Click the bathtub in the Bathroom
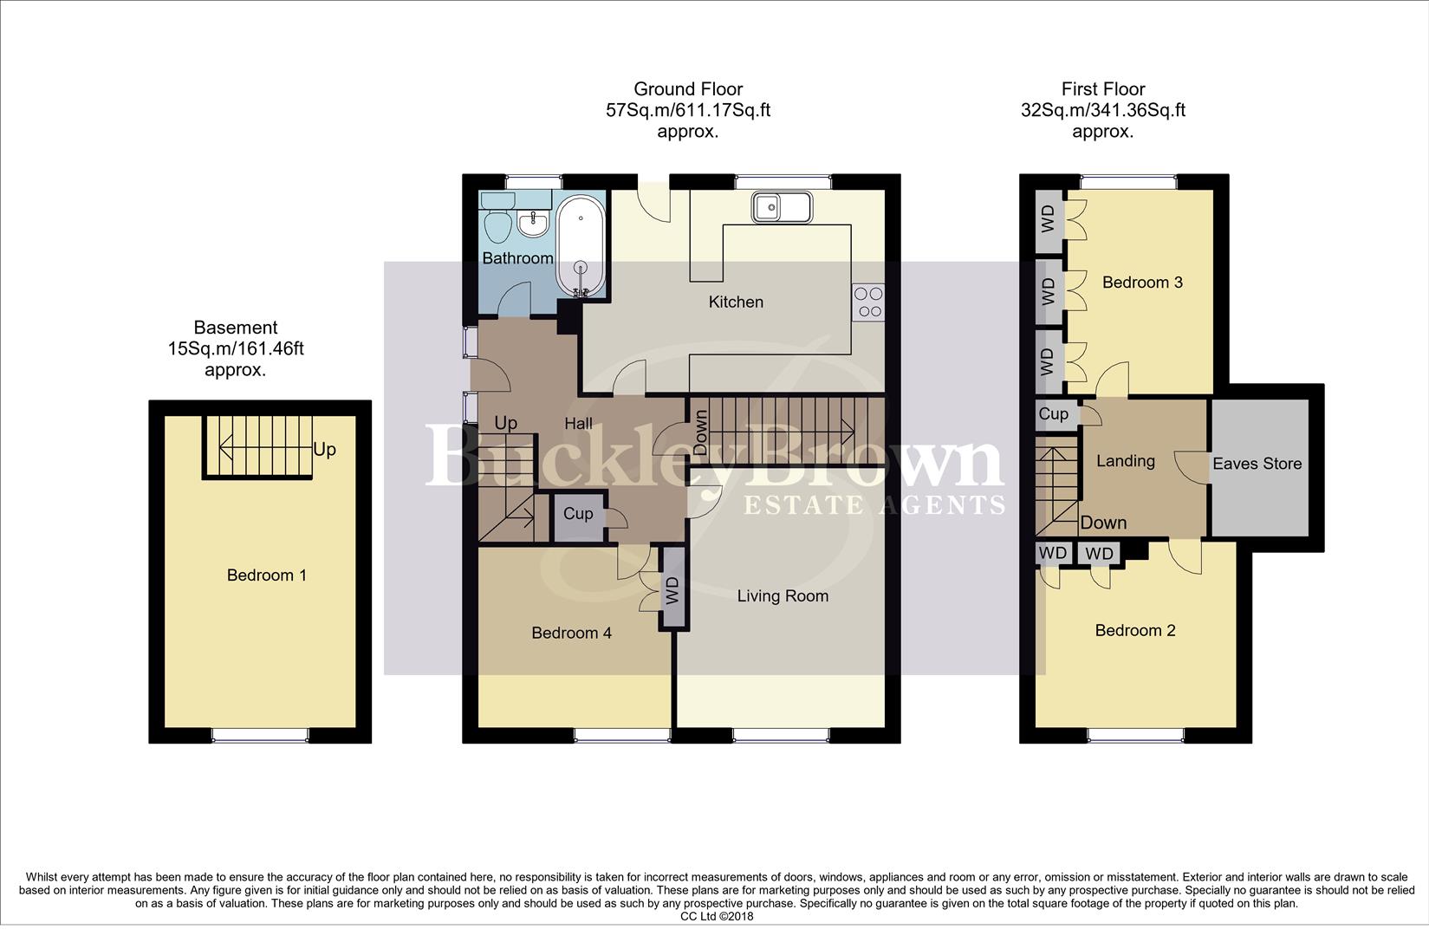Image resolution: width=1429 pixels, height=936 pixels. (x=581, y=245)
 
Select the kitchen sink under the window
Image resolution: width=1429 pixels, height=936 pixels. (x=782, y=207)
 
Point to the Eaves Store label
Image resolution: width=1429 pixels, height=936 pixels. (x=1257, y=464)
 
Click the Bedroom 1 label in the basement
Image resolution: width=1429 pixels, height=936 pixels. (x=266, y=575)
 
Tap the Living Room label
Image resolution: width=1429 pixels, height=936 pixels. (x=783, y=596)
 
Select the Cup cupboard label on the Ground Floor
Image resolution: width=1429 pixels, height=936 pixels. (x=578, y=514)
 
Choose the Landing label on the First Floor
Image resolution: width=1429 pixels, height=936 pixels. (x=1125, y=461)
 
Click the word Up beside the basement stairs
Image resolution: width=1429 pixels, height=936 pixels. (x=324, y=450)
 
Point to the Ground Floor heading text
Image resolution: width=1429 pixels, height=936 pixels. (x=688, y=88)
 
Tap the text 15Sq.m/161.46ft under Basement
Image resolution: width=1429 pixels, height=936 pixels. (x=236, y=349)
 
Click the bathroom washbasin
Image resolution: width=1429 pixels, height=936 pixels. (x=533, y=224)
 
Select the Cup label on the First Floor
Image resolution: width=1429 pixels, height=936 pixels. (x=1053, y=414)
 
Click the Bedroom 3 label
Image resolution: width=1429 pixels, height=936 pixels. (x=1141, y=283)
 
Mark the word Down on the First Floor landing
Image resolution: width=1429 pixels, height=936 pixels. (x=1102, y=523)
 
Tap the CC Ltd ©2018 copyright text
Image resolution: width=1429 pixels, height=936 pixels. (x=717, y=916)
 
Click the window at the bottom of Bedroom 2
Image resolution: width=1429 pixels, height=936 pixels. (x=1135, y=735)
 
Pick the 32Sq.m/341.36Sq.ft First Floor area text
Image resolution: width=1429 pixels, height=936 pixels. (x=1102, y=111)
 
